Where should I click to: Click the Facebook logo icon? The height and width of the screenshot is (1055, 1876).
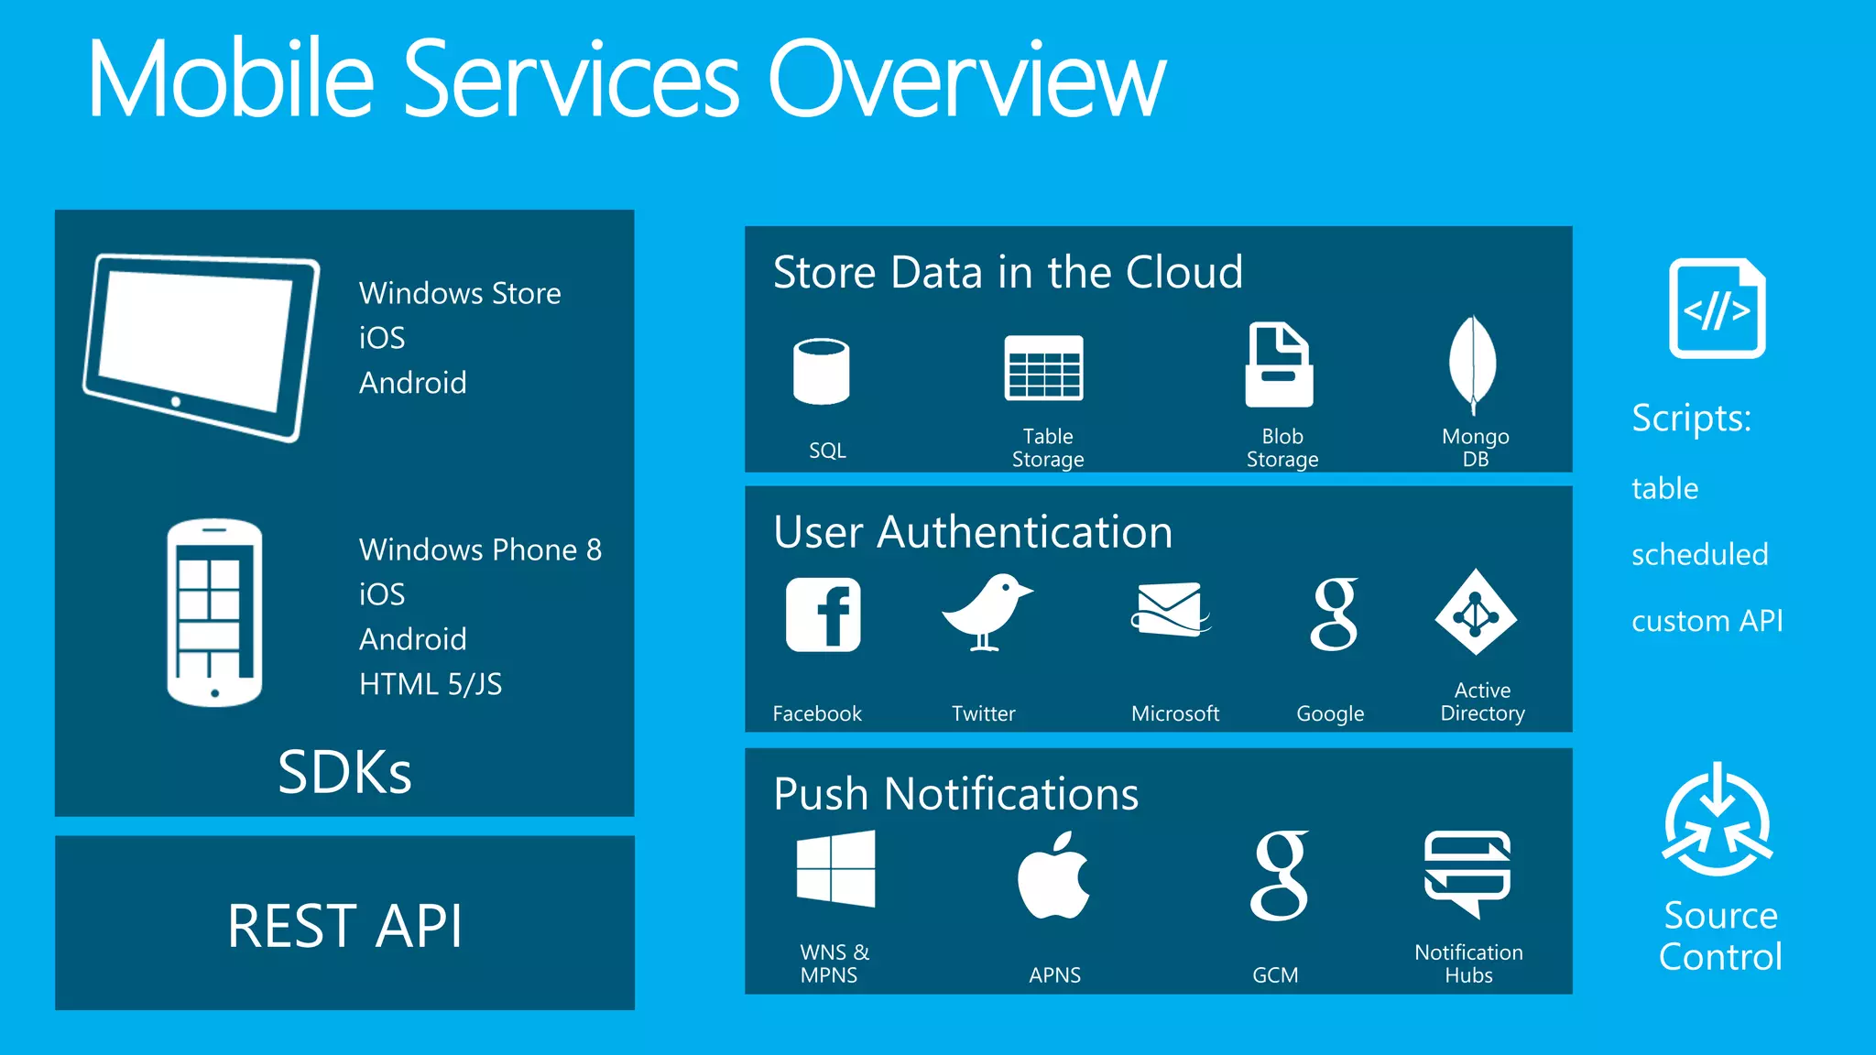pyautogui.click(x=823, y=615)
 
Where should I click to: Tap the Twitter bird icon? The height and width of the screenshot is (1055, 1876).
pyautogui.click(x=987, y=612)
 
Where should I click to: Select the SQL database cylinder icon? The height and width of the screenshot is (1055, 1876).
pyautogui.click(x=822, y=371)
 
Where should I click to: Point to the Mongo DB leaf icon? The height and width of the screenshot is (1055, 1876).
pyautogui.click(x=1473, y=364)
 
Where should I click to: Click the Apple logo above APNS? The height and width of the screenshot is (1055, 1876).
pyautogui.click(x=1054, y=876)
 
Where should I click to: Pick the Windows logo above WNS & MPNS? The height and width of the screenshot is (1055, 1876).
pyautogui.click(x=835, y=868)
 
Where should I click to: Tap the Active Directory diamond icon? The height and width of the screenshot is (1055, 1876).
pyautogui.click(x=1476, y=612)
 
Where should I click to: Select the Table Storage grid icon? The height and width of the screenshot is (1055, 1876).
pyautogui.click(x=1043, y=368)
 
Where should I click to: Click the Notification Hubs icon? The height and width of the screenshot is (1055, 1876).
pyautogui.click(x=1467, y=873)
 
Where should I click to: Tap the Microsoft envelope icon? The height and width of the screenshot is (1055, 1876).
pyautogui.click(x=1170, y=609)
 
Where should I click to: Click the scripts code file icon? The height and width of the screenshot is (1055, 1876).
pyautogui.click(x=1717, y=309)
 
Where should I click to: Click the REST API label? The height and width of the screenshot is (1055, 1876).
pyautogui.click(x=344, y=926)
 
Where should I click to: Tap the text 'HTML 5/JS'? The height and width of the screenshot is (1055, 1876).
pyautogui.click(x=431, y=684)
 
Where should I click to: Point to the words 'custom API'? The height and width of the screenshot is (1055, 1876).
pyautogui.click(x=1707, y=621)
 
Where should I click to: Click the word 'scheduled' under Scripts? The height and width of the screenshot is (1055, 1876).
pyautogui.click(x=1699, y=554)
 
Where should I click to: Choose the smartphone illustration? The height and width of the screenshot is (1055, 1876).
pyautogui.click(x=214, y=613)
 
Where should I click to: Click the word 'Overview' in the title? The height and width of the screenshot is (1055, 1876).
pyautogui.click(x=966, y=80)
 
